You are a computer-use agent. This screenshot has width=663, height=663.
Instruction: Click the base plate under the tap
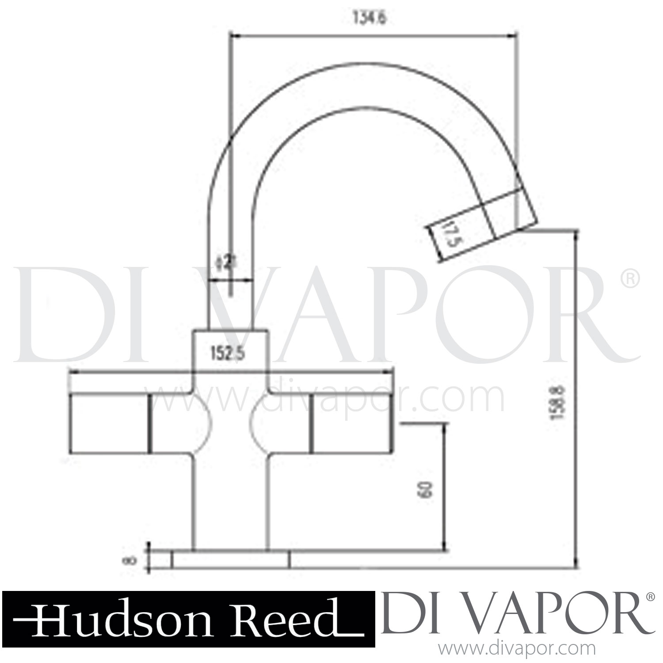(x=230, y=559)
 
